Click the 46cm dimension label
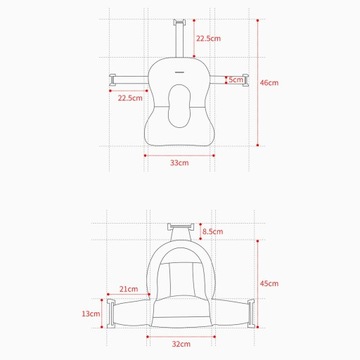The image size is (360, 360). pyautogui.click(x=269, y=83)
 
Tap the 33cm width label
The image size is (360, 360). pyautogui.click(x=179, y=163)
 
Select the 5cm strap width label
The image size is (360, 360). pyautogui.click(x=236, y=80)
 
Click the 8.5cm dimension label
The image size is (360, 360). pyautogui.click(x=213, y=231)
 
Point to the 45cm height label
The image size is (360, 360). pyautogui.click(x=269, y=284)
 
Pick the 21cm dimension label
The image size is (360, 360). pyautogui.click(x=129, y=289)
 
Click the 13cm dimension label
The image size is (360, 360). pyautogui.click(x=91, y=314)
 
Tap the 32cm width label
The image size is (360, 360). pyautogui.click(x=181, y=344)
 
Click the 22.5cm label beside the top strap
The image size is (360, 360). pyautogui.click(x=208, y=38)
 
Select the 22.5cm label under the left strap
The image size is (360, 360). pyautogui.click(x=130, y=98)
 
